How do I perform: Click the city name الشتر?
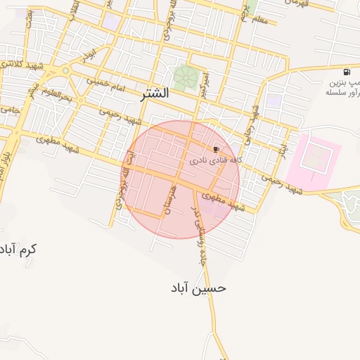point(155,93)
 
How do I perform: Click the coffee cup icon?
point(216,149)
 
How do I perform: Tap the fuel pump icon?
point(347,72)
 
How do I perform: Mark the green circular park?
point(186,77)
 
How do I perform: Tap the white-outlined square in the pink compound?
point(314,156)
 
